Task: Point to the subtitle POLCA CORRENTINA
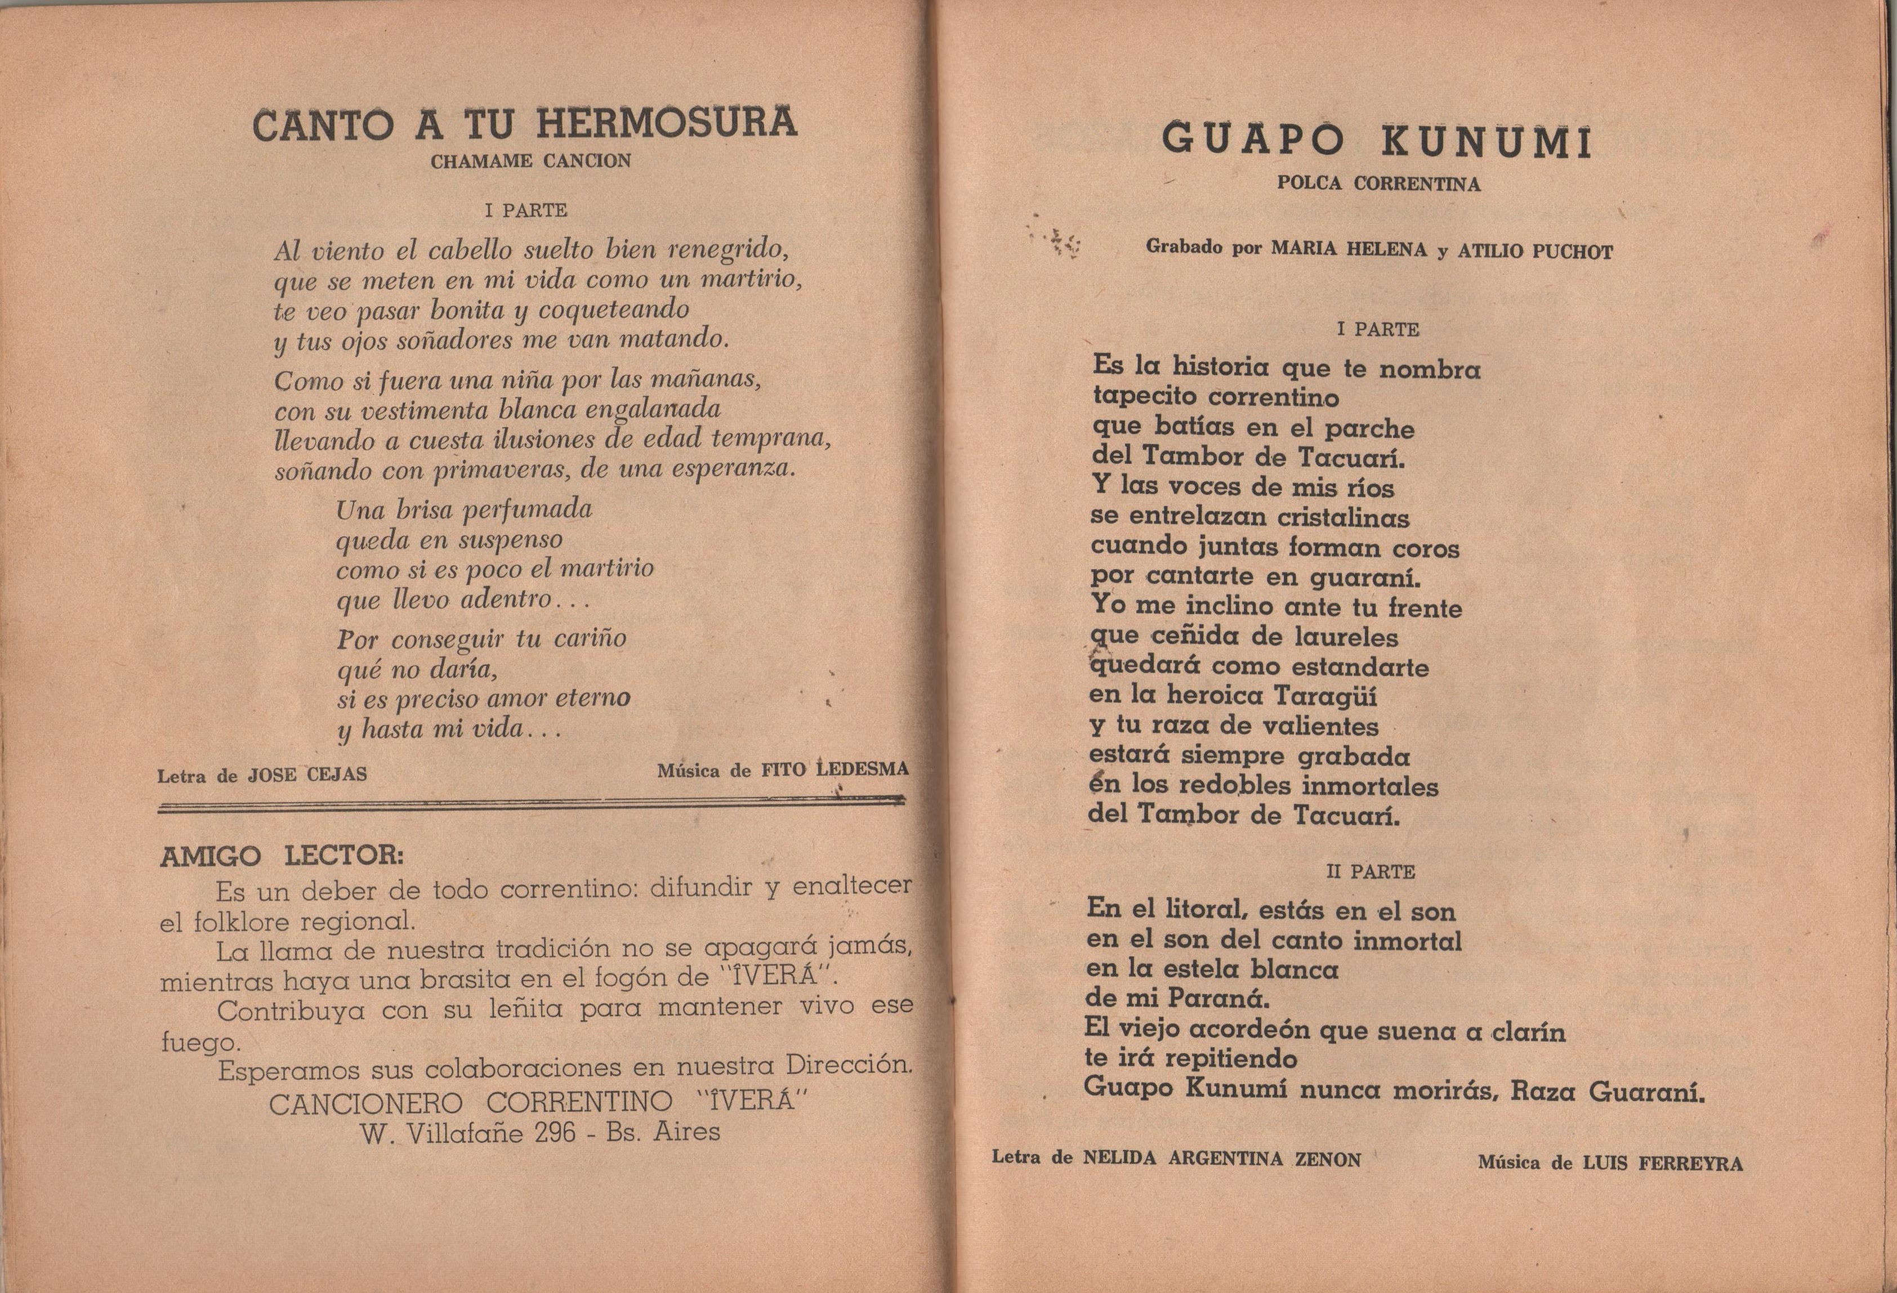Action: tap(1378, 184)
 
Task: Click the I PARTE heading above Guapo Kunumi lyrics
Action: tap(1378, 329)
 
